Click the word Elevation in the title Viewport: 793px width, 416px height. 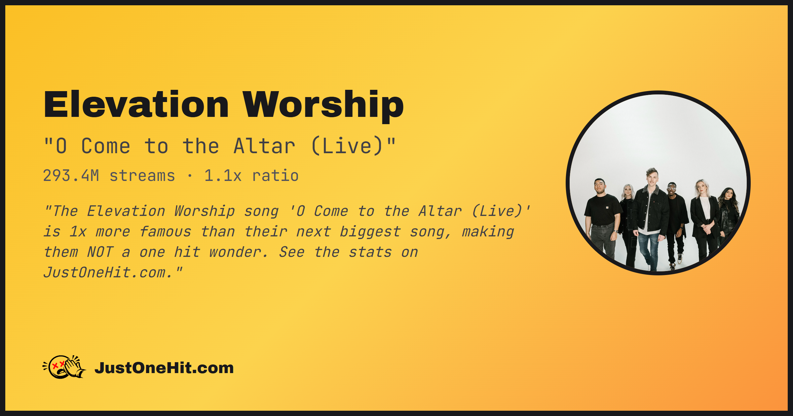click(x=136, y=104)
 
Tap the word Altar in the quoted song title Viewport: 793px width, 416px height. click(x=264, y=146)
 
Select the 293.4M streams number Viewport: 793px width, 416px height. click(x=71, y=176)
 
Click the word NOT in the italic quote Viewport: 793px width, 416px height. click(x=100, y=252)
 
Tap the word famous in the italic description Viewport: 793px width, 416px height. click(x=165, y=232)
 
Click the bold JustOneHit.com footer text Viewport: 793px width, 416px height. click(x=164, y=368)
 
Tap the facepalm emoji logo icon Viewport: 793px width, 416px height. click(x=64, y=367)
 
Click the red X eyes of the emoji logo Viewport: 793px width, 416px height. click(x=59, y=365)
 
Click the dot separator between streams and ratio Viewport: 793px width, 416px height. click(x=190, y=176)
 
